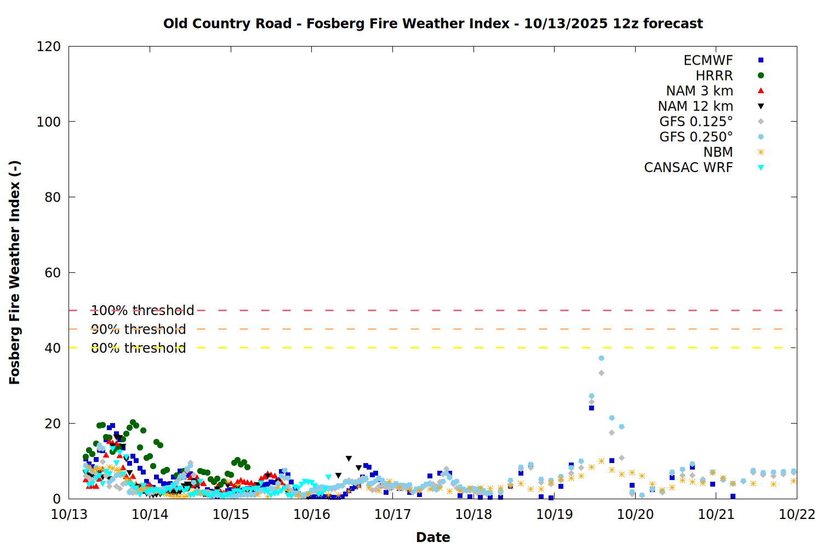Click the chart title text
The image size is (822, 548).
[x=433, y=24]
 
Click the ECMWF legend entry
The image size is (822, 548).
[x=708, y=60]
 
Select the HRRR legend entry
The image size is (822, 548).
[x=714, y=76]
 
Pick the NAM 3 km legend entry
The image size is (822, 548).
[x=699, y=91]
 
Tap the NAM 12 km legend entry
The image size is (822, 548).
[x=695, y=106]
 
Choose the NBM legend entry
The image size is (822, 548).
[x=718, y=152]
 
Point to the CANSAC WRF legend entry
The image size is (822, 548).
[x=688, y=168]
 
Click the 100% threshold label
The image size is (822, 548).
[x=142, y=311]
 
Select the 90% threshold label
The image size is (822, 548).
[x=138, y=329]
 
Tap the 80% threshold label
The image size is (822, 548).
[x=138, y=348]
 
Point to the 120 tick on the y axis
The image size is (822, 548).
[x=49, y=47]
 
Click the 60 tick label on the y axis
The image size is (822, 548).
[x=53, y=272]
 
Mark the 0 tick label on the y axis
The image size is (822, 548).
[x=56, y=499]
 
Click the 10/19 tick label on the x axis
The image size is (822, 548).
[x=554, y=515]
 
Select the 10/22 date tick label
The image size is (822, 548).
[x=797, y=515]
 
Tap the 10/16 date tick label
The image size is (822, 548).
[x=312, y=515]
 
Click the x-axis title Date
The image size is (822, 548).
[x=433, y=537]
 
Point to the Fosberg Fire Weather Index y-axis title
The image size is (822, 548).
[x=15, y=272]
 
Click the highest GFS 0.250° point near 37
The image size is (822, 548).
[x=601, y=358]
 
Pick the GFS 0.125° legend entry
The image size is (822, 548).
[x=696, y=122]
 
